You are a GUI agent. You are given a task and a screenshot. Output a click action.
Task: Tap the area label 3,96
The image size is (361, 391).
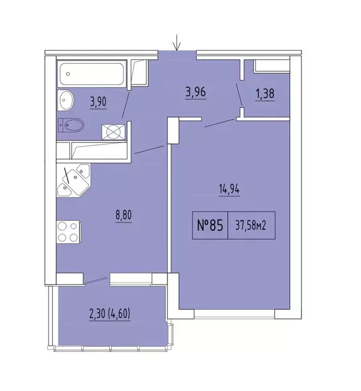click(196, 93)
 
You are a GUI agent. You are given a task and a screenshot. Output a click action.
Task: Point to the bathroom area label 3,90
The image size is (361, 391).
click(98, 102)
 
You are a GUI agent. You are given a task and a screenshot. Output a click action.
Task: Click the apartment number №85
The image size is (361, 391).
click(210, 226)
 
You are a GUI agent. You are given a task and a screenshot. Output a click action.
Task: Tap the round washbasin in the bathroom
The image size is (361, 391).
click(66, 100)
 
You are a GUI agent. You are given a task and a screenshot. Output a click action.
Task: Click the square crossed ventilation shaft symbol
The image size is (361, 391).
click(113, 132)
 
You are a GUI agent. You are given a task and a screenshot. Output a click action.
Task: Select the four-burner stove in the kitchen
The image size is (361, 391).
click(68, 232)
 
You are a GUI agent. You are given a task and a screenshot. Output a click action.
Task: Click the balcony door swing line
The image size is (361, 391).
click(97, 281)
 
